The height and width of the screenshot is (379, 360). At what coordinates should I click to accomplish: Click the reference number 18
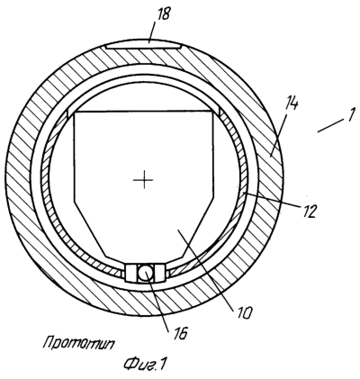coord(163,14)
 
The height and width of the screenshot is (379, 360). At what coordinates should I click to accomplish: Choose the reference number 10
coord(244,312)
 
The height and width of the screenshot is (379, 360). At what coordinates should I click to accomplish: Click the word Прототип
coord(79,343)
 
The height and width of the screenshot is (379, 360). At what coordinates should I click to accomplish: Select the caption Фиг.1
coord(145,364)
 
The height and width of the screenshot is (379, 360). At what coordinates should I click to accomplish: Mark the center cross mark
coord(144,180)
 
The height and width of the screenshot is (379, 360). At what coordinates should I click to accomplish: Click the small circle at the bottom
coord(146,273)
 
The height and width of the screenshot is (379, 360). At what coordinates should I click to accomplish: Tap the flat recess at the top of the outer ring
coord(142,46)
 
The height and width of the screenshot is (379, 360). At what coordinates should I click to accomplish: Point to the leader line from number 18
coord(153,32)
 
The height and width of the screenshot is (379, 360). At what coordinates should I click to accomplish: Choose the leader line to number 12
coord(273,200)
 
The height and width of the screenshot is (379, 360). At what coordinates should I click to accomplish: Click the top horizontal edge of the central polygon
coord(143,112)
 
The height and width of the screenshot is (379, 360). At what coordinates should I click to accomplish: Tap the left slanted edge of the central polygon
coord(90,229)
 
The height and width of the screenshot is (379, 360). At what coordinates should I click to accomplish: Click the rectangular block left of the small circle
coord(131,273)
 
